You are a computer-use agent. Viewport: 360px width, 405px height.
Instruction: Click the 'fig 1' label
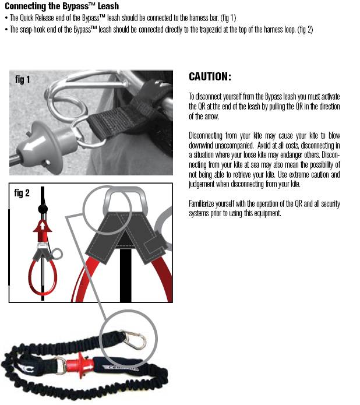coord(23,80)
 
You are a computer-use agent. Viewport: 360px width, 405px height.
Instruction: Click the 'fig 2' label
coord(22,193)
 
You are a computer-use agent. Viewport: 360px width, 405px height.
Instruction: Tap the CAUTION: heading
coord(210,77)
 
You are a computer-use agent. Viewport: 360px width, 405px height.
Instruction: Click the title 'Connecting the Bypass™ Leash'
coord(62,6)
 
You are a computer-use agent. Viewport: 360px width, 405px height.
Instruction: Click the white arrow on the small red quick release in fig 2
coord(43,226)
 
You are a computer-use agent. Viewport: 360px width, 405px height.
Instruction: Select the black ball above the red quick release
coord(42,209)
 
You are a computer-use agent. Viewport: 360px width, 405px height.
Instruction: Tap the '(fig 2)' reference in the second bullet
coord(305,30)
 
